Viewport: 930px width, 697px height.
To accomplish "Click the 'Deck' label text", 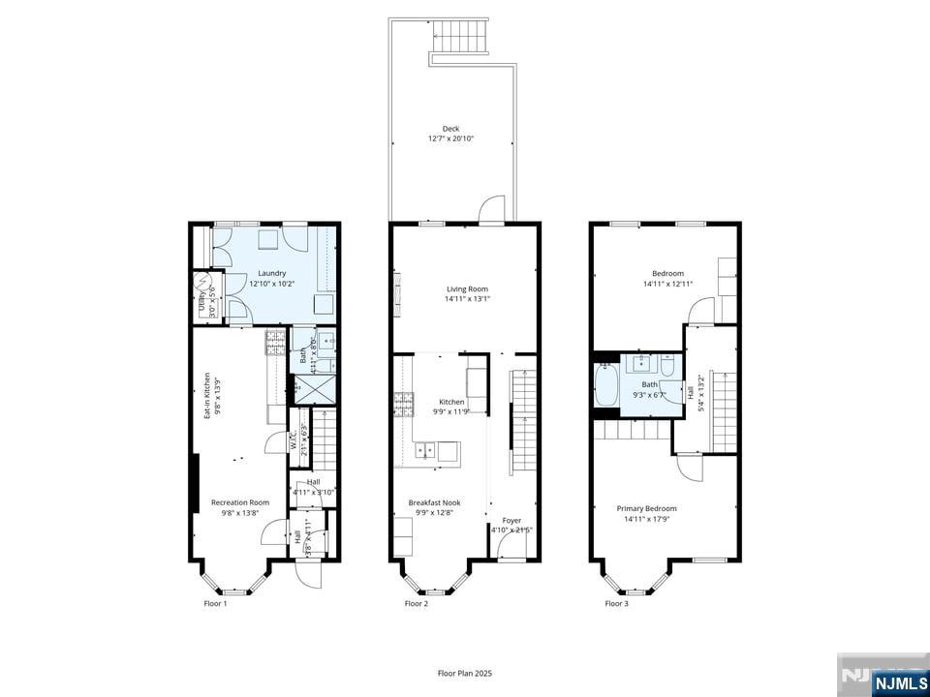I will click(x=450, y=129).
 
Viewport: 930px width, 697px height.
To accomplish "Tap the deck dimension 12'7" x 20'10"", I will click(x=450, y=139).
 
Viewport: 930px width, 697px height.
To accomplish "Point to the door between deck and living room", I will click(x=493, y=210).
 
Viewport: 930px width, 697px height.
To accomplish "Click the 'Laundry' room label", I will click(x=271, y=273).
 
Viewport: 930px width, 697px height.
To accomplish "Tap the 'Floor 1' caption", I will click(x=215, y=604).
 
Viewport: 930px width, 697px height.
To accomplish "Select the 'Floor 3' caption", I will click(x=616, y=604).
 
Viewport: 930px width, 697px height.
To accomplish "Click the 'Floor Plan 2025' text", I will click(x=465, y=673).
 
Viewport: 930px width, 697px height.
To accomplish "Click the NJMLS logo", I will click(x=883, y=680).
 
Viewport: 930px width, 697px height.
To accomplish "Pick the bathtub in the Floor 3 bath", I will click(x=606, y=385).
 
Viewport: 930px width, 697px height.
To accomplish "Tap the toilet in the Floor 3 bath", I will click(x=667, y=365).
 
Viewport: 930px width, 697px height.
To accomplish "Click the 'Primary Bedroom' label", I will click(x=647, y=509).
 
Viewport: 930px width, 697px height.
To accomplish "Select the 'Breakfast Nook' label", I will click(x=434, y=502).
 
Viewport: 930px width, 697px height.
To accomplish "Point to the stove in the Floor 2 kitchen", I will click(x=403, y=402).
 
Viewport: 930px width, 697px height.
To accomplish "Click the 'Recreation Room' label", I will click(x=240, y=502).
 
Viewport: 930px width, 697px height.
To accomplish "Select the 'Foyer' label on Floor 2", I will click(x=511, y=521).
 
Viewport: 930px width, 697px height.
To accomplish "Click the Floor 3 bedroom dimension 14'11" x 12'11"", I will click(x=668, y=284).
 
